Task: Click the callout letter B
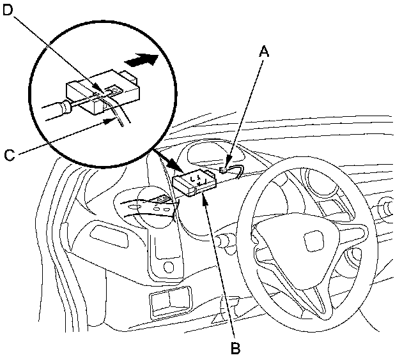235,349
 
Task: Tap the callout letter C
9,154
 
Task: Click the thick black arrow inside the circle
141,61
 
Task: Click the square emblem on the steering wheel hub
313,243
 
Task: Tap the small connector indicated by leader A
224,170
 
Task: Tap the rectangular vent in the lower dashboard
170,301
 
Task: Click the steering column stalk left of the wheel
225,241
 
